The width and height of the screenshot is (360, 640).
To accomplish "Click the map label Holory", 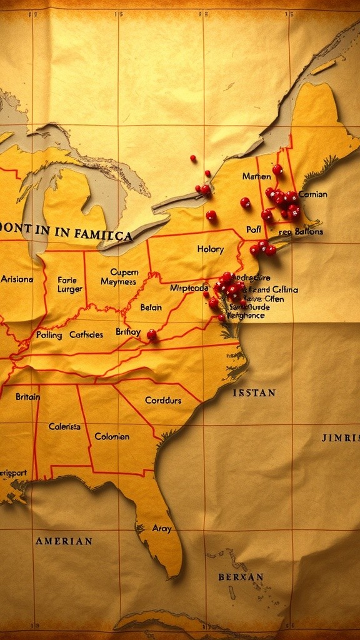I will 210,249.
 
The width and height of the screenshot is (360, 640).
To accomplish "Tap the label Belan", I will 151,307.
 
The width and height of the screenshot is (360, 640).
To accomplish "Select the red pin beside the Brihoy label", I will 151,334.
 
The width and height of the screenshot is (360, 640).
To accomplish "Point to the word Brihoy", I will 128,332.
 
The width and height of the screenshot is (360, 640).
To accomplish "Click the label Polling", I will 49,335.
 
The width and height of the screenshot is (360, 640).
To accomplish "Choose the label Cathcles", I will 86,335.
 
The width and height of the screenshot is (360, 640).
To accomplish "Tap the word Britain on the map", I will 27,397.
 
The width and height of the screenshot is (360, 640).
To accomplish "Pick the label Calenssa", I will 64,426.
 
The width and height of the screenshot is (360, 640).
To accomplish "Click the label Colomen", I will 112,436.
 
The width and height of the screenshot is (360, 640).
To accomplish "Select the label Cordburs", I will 163,400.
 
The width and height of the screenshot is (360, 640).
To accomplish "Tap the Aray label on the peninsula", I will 162,529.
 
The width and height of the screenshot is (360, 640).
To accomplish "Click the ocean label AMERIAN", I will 64,541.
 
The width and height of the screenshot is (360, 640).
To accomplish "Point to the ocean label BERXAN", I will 241,577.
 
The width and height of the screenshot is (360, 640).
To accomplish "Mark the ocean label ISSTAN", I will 254,393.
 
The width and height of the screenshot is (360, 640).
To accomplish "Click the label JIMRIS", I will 341,437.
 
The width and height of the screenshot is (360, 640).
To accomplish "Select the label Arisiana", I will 17,279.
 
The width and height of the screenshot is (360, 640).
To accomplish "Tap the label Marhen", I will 256,176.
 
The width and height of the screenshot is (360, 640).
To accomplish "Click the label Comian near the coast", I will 312,194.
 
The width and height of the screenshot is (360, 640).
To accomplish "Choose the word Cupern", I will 124,272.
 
